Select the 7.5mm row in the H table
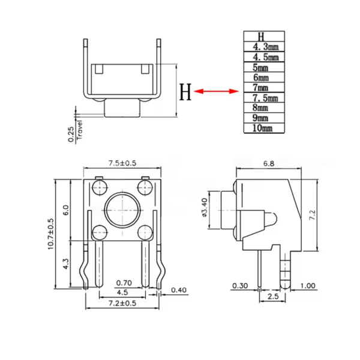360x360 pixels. coord(265,98)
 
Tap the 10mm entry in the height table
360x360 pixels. coord(262,128)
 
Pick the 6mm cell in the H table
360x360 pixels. coord(261,77)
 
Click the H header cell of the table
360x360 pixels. coord(261,36)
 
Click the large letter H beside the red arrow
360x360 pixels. coord(186,93)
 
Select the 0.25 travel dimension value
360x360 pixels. coord(72,134)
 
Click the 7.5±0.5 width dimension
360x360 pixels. coord(122,163)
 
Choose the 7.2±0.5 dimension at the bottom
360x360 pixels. coord(122,304)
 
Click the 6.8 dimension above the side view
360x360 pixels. coord(268,163)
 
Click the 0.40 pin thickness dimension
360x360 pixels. coord(178,290)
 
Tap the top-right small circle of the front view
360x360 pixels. coord(145,187)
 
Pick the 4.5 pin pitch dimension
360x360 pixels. coord(122,292)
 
